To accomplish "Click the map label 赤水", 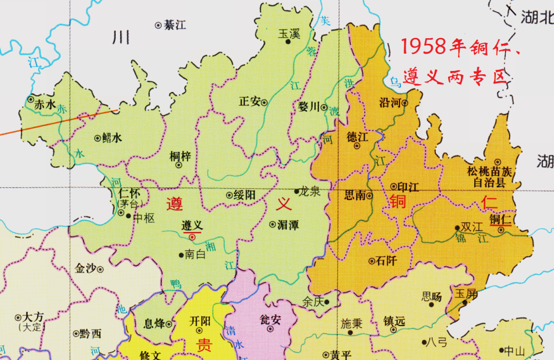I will click(x=45, y=104).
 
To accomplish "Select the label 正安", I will click(x=249, y=102).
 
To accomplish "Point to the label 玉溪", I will click(x=288, y=33).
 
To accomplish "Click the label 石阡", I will click(x=385, y=260).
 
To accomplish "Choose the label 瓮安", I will click(x=270, y=320).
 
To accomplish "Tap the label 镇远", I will click(x=394, y=321).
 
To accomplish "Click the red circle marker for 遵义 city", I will click(x=192, y=236).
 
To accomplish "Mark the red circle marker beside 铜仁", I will click(x=501, y=229).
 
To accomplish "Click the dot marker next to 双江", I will click(x=457, y=228).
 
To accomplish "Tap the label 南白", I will click(x=195, y=255).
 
